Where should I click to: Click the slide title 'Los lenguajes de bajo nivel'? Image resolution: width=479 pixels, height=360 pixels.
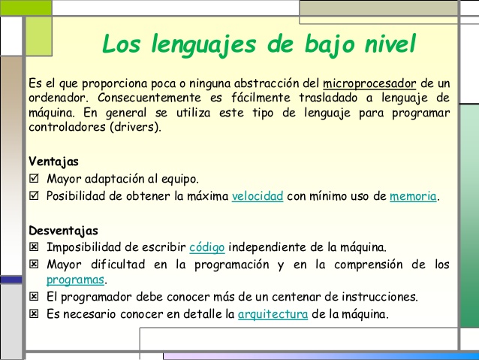click(258, 43)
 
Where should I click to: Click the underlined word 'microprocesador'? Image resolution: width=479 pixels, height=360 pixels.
click(369, 82)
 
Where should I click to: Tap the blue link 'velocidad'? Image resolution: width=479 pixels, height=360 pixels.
click(258, 196)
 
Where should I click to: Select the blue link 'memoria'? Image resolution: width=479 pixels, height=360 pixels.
click(413, 196)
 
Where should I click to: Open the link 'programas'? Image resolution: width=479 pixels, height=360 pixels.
click(75, 280)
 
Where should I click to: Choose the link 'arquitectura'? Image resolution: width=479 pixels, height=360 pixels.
click(273, 313)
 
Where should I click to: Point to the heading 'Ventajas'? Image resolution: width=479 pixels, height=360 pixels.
click(53, 162)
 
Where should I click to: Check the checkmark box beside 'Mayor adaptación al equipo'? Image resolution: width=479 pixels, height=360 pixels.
click(33, 180)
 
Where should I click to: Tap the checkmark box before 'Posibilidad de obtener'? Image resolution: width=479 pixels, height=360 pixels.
click(33, 196)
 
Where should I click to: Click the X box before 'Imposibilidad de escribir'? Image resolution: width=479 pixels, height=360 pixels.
click(33, 247)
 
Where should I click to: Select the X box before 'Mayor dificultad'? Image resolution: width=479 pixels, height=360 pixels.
click(33, 264)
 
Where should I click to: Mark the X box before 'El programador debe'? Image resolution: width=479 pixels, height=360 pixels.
click(33, 297)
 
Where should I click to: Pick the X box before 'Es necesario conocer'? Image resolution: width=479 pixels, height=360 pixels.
click(33, 313)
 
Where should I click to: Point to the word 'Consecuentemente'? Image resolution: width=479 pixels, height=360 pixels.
click(132, 98)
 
